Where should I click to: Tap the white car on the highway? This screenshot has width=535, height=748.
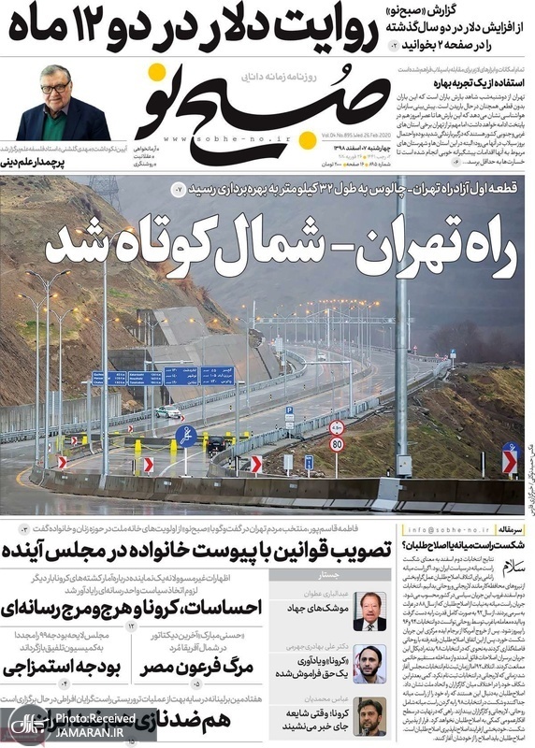tap(168, 411)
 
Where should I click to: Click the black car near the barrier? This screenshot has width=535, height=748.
tap(215, 444)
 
